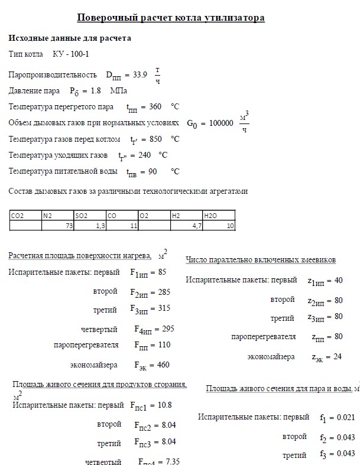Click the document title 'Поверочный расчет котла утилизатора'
171,18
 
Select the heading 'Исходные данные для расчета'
70,38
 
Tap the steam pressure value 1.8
95,91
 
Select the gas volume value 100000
222,123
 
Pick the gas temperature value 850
156,139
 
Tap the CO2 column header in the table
18,216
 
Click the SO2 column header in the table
82,216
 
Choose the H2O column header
211,216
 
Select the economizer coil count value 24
338,357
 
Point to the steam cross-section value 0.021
345,417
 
